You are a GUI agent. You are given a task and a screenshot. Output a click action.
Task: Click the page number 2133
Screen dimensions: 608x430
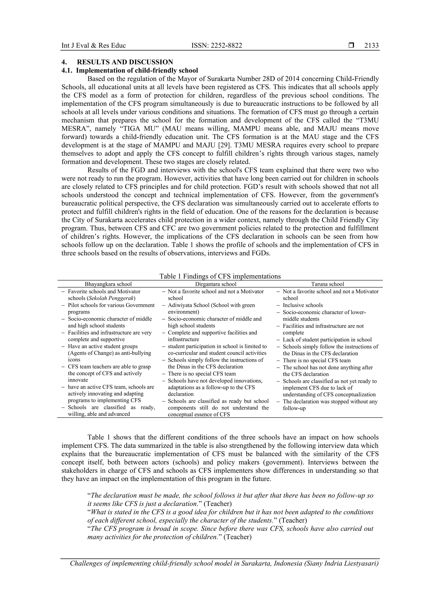(x=371, y=46)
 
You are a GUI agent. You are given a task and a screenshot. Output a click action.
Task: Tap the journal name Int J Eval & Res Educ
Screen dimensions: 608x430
(x=93, y=46)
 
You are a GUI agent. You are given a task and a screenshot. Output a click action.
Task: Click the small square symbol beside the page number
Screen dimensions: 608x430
(x=351, y=46)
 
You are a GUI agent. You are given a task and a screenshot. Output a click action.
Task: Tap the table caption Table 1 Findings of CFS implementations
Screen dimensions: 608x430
(x=220, y=276)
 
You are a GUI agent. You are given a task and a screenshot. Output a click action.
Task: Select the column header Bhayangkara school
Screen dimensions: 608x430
(x=108, y=284)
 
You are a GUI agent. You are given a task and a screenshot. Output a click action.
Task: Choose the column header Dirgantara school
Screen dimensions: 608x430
(x=216, y=284)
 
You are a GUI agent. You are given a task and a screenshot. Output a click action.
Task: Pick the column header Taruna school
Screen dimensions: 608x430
(x=328, y=284)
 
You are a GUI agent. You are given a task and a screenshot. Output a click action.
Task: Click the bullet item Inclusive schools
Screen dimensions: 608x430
(x=303, y=305)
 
